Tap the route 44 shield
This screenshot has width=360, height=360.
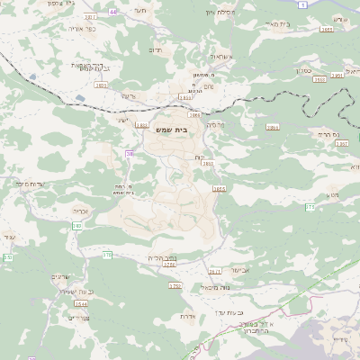click(x=112, y=12)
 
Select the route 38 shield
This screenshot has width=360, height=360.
click(x=130, y=154)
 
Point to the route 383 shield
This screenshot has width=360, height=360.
click(x=77, y=225)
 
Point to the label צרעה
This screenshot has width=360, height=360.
click(x=128, y=95)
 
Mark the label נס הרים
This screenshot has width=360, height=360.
click(x=329, y=133)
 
